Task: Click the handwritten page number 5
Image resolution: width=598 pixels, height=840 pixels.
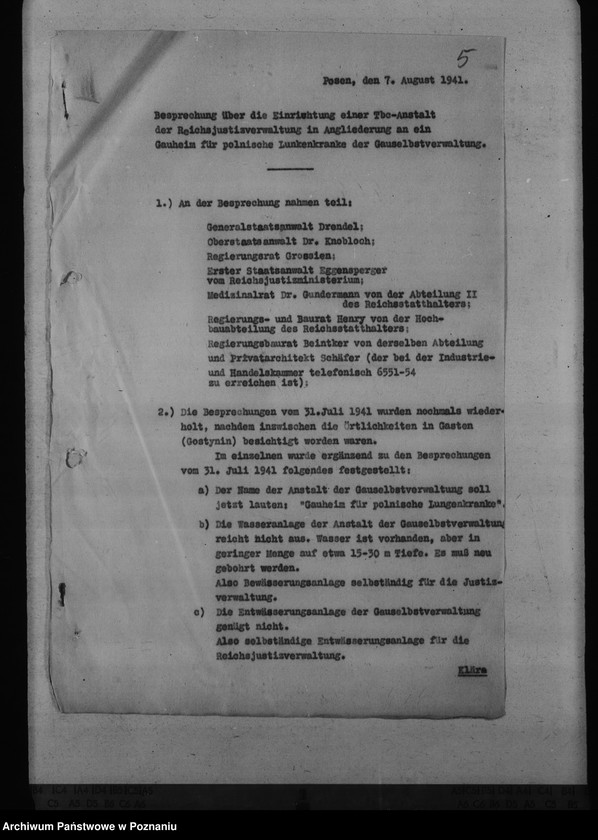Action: tap(465, 58)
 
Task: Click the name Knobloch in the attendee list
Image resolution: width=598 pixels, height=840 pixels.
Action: tap(350, 242)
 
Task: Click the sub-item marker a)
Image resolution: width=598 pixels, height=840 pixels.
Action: tap(203, 489)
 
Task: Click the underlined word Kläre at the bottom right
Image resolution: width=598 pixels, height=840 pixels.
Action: tap(472, 670)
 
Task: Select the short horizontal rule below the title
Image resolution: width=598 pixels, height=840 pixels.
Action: tap(290, 168)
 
